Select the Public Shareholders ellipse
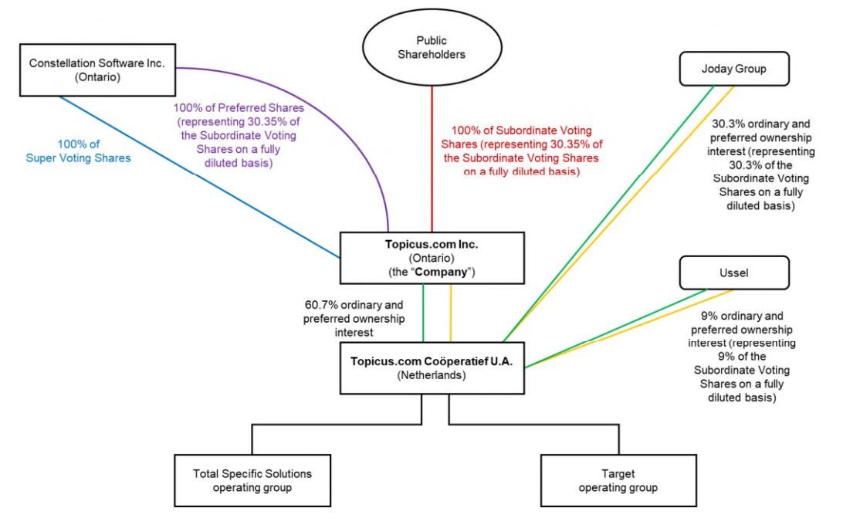coord(432,49)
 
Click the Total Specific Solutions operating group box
coord(252,479)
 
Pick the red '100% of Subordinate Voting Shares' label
coord(521,151)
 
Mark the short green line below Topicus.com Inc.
coord(423,313)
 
